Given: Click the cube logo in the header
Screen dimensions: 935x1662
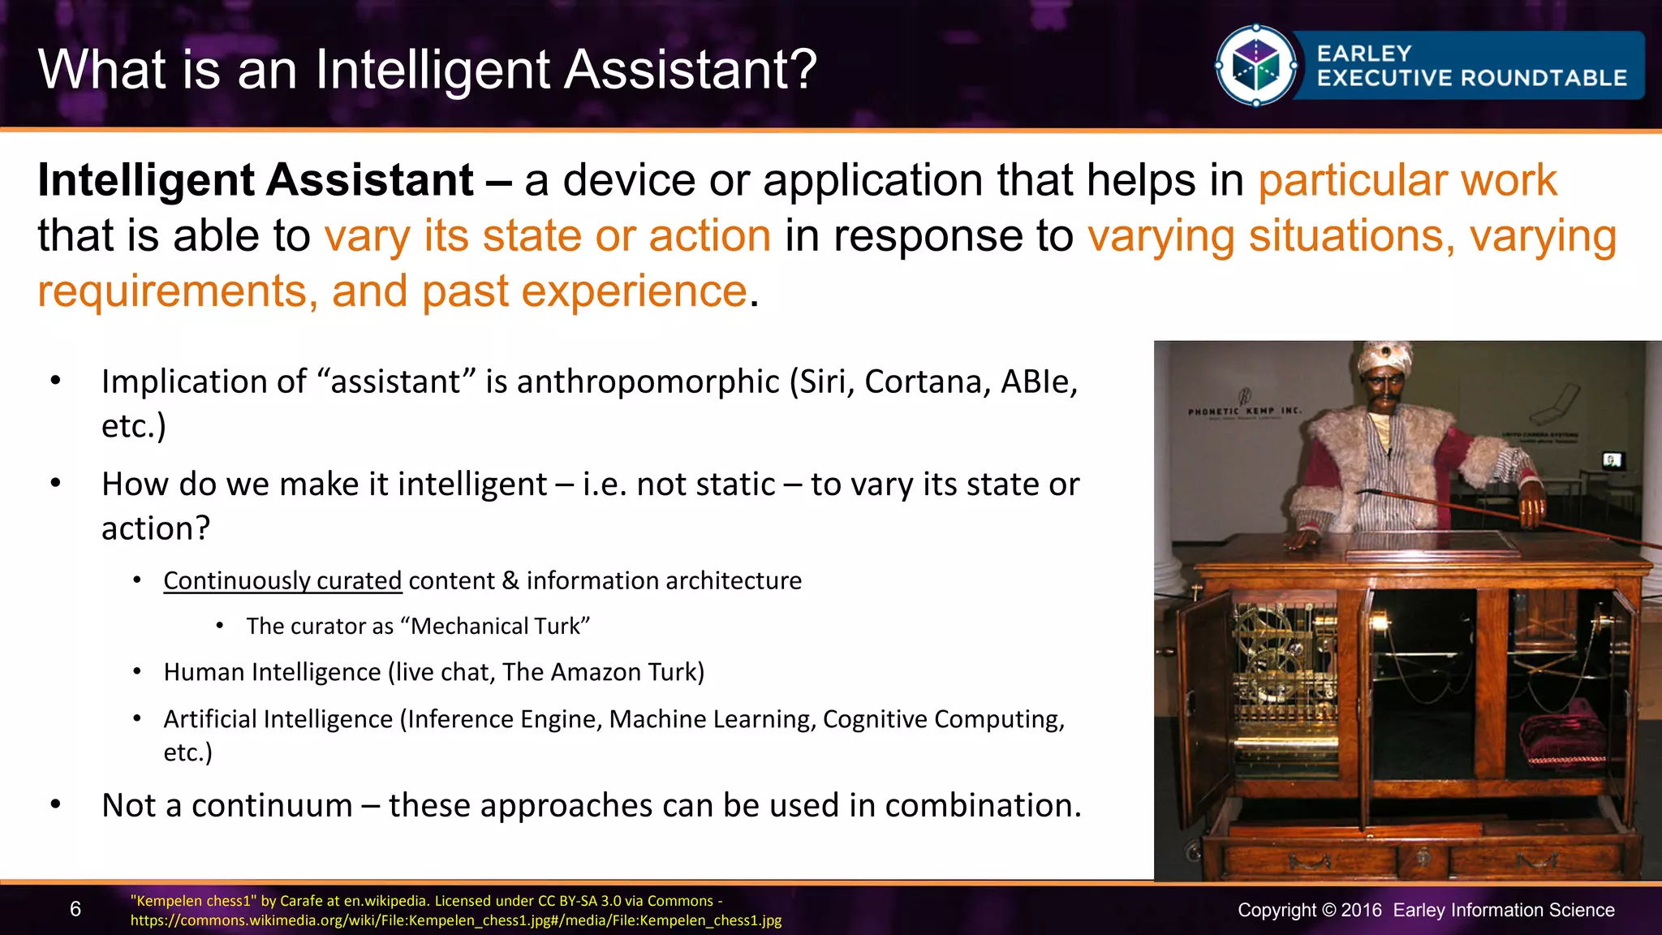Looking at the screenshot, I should coord(1255,66).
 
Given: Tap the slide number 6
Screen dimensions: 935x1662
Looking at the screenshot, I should coord(75,909).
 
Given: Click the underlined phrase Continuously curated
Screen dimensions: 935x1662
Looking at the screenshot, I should coord(282,581).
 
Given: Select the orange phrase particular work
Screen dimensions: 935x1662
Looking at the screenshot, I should coord(1407,180).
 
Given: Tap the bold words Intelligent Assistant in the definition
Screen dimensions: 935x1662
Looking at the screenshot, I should coord(256,180).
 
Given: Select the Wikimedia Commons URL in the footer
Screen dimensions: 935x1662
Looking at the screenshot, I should coord(456,920).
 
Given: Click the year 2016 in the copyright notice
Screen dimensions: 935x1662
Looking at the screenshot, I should coord(1361,910).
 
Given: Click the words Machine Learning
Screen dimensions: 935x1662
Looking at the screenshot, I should coord(712,719).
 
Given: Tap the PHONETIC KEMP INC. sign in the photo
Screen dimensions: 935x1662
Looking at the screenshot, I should coord(1244,411).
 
